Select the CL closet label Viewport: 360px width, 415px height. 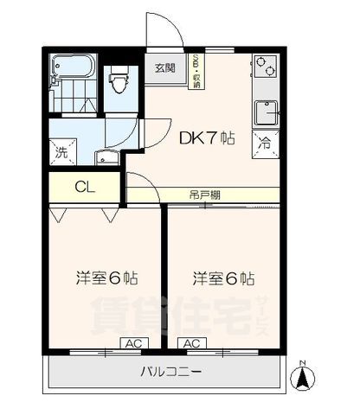point(85,186)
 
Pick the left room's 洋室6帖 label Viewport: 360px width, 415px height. point(106,278)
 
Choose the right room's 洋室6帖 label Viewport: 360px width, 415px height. point(223,278)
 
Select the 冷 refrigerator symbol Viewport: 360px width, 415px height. point(262,144)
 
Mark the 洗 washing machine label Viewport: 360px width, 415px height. point(61,153)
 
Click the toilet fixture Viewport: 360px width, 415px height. point(119,82)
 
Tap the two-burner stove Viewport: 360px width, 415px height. point(264,67)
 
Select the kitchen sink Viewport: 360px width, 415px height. point(265,112)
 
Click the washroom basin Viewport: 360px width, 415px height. point(109,156)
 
